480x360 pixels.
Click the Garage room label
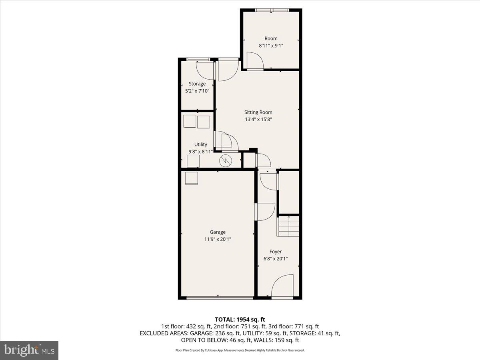tap(218, 232)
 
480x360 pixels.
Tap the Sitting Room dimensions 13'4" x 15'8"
tap(258, 119)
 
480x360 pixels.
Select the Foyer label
tap(275, 252)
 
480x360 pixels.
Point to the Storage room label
tap(197, 84)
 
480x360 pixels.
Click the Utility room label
tap(200, 144)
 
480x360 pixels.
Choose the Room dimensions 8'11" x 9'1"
tap(271, 46)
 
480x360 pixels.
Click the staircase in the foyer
tap(289, 226)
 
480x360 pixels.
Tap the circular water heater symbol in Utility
tap(226, 161)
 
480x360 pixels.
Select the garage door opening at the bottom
tap(220, 297)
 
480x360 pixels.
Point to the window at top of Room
tap(271, 10)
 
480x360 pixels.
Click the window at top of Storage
tap(198, 60)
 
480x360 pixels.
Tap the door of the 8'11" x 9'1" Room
tap(255, 61)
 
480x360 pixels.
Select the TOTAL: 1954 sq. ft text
tap(240, 319)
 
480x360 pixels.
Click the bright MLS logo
tap(29, 350)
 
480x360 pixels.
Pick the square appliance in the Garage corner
tap(191, 178)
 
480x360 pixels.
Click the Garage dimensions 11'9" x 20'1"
tap(218, 239)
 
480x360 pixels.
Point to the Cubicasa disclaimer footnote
tap(240, 350)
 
